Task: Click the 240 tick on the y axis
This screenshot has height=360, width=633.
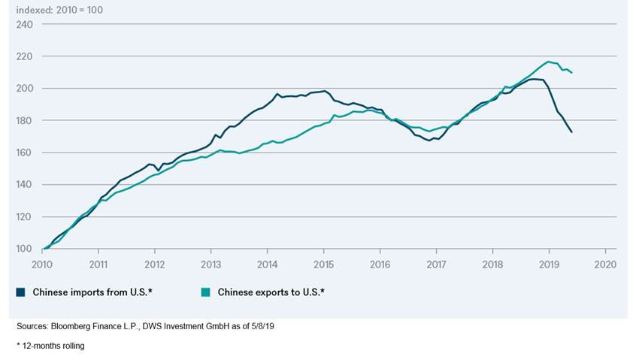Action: [x=25, y=24]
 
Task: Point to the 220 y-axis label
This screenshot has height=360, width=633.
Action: [x=25, y=56]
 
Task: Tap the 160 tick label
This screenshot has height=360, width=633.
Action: [x=25, y=153]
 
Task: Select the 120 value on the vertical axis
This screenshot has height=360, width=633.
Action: [x=25, y=216]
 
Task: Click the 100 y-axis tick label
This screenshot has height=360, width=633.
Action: [x=25, y=249]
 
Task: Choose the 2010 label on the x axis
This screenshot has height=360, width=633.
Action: [x=42, y=265]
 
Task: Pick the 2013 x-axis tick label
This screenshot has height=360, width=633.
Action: [x=211, y=265]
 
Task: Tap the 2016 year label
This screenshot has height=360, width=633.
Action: [x=380, y=265]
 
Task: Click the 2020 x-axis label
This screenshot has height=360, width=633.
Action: [x=605, y=265]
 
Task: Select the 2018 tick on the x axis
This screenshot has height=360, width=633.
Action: [x=492, y=265]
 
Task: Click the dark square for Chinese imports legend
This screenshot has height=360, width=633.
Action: [x=21, y=292]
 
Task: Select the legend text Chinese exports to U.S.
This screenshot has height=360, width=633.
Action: [x=271, y=292]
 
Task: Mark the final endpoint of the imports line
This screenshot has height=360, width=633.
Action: [x=572, y=132]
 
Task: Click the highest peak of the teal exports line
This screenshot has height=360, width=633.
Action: [x=549, y=62]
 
